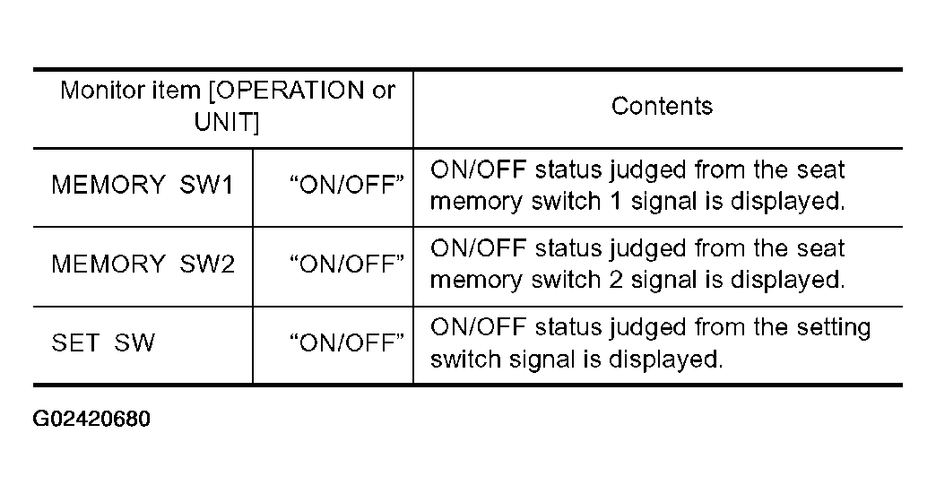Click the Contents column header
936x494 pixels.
tap(662, 106)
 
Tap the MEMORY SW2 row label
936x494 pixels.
tap(143, 264)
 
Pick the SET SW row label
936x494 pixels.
tap(103, 342)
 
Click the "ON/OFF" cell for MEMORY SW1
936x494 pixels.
tap(347, 185)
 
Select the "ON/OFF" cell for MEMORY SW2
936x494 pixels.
tap(347, 264)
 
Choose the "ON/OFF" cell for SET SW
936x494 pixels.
tap(347, 342)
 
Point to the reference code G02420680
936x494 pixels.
tap(91, 419)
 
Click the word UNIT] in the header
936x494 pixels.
tap(227, 122)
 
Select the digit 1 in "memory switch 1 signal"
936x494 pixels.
tap(615, 201)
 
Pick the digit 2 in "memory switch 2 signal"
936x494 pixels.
tap(615, 280)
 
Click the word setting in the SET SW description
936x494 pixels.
tap(834, 328)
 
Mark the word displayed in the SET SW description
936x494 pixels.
tap(665, 360)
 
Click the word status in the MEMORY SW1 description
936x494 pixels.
tap(568, 170)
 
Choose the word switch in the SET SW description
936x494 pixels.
tap(465, 360)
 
